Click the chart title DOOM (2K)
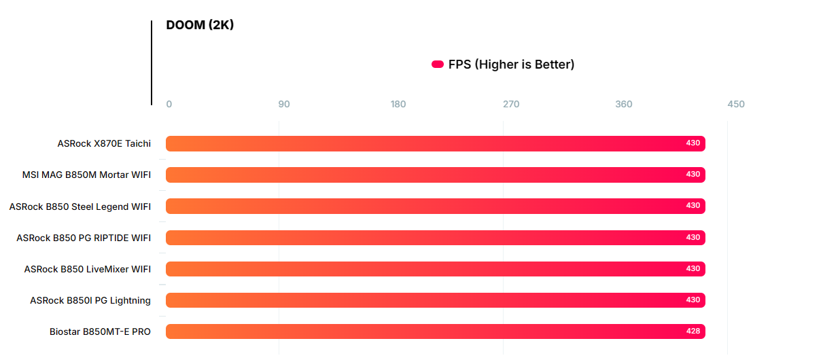coord(200,25)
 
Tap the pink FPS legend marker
coord(438,65)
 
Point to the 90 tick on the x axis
coord(284,104)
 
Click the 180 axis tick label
coord(398,104)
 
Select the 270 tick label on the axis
coord(511,104)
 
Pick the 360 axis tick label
coord(624,104)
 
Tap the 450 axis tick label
coord(736,104)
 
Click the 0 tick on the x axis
coord(169,104)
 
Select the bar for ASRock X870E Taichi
coord(435,143)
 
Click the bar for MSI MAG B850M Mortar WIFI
coord(435,175)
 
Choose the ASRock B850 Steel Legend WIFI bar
coord(435,206)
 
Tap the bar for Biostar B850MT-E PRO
coord(435,331)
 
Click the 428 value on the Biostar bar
coord(693,331)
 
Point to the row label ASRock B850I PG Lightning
coord(90,300)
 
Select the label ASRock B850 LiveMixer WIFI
coord(88,269)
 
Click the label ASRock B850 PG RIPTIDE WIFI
coord(84,238)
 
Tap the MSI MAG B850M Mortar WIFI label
coord(86,175)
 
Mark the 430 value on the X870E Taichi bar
coord(693,143)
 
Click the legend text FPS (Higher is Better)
coord(511,65)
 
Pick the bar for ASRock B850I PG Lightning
coord(435,300)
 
